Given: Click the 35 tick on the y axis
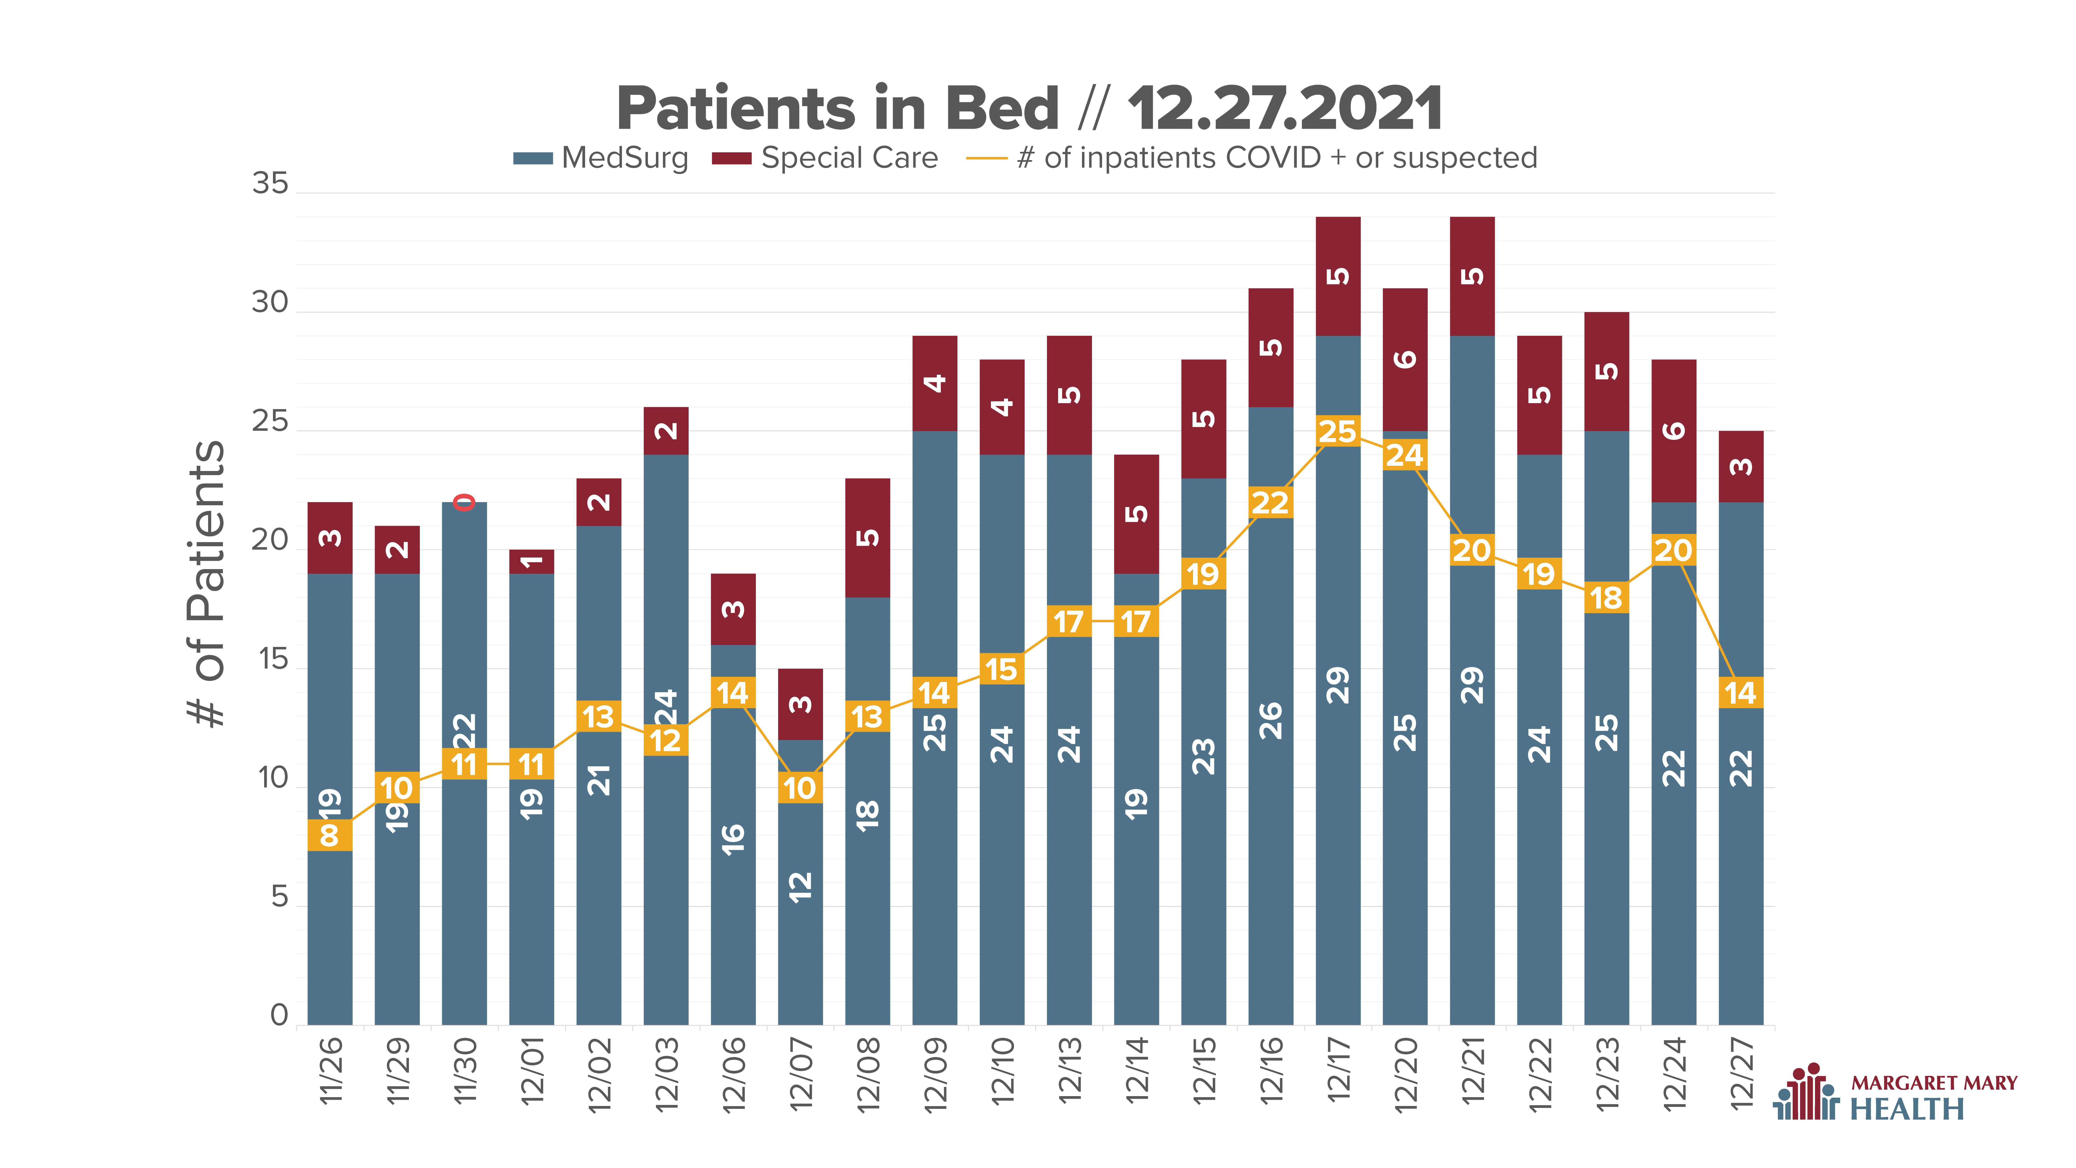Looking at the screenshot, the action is pyautogui.click(x=270, y=184).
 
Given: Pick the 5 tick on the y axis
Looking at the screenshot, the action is pyautogui.click(x=279, y=896).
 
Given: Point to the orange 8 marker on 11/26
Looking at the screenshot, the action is pyautogui.click(x=330, y=835).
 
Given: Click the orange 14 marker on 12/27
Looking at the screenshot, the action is pyautogui.click(x=1741, y=692).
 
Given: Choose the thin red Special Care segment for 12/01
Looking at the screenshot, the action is pyautogui.click(x=532, y=562).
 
